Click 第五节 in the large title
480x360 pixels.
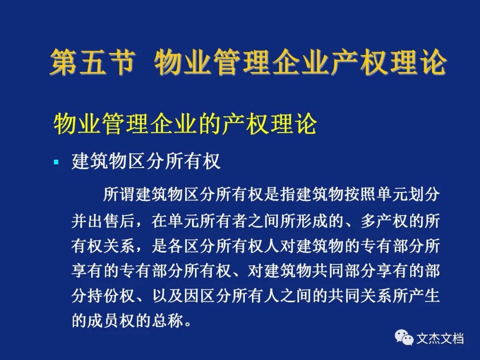tap(92, 63)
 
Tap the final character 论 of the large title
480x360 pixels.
tap(431, 63)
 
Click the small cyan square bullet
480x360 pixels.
tap(56, 162)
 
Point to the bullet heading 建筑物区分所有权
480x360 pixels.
tap(146, 161)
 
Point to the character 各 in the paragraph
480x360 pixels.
tap(176, 245)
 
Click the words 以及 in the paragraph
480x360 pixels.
tap(168, 296)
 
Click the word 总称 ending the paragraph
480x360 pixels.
tap(168, 320)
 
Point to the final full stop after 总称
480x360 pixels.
tap(188, 324)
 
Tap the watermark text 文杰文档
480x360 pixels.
tap(440, 338)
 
